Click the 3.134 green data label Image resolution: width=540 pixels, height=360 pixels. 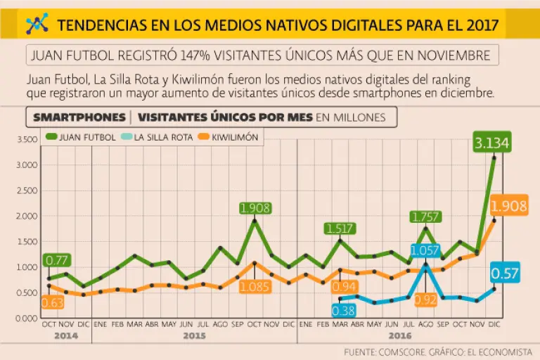(x=492, y=143)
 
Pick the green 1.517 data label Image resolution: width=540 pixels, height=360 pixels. (x=340, y=229)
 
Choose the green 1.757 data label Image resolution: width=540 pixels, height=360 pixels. (x=425, y=218)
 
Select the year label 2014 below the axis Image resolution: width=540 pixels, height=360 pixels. (x=65, y=336)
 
